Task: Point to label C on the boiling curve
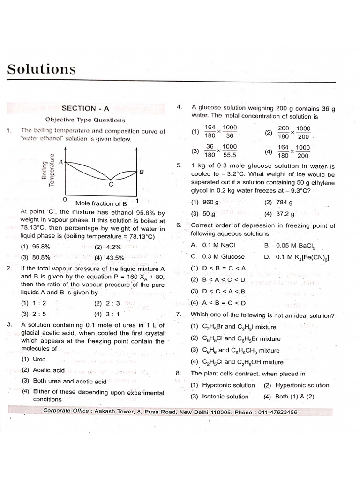[111, 185]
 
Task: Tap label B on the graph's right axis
[142, 172]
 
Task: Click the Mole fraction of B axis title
[101, 203]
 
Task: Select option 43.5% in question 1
[114, 257]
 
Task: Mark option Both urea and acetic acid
[64, 381]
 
